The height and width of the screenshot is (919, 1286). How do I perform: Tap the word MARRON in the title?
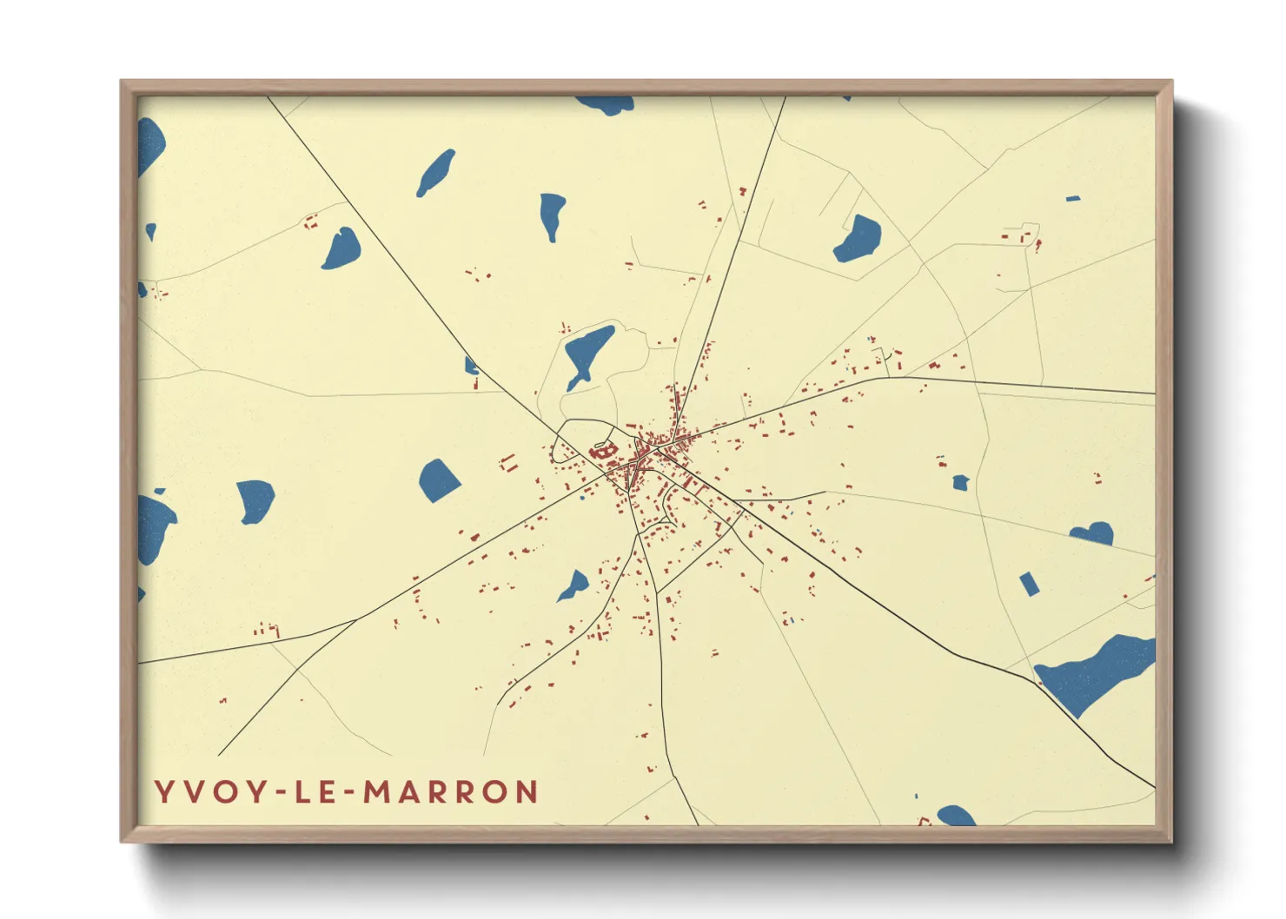pyautogui.click(x=451, y=792)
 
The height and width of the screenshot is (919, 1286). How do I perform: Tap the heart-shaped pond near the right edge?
pyautogui.click(x=1093, y=533)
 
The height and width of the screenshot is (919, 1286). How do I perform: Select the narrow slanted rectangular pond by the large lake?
pyautogui.click(x=1029, y=584)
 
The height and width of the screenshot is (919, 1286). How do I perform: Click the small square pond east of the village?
pyautogui.click(x=960, y=483)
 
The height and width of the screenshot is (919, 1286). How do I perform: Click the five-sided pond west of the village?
pyautogui.click(x=439, y=479)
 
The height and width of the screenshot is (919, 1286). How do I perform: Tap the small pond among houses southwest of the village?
pyautogui.click(x=573, y=588)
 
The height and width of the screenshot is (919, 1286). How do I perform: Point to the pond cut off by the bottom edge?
pyautogui.click(x=956, y=817)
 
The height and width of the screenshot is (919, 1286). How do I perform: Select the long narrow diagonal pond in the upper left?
pyautogui.click(x=435, y=173)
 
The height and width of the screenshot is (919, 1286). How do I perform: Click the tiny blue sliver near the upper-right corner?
pyautogui.click(x=1073, y=199)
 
